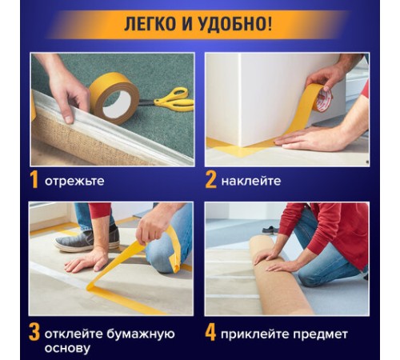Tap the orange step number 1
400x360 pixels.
[34, 180]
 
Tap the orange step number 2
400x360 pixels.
[210, 180]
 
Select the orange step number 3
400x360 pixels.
[34, 331]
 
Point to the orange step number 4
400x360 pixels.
[210, 331]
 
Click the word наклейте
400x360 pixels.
[252, 181]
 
